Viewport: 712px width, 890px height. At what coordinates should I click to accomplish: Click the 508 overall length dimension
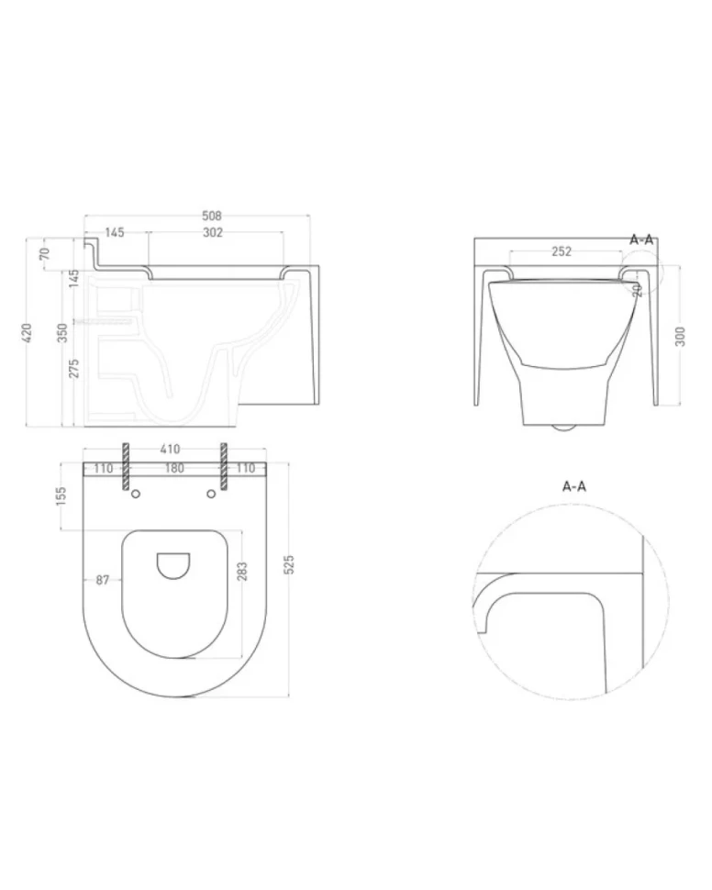pos(212,216)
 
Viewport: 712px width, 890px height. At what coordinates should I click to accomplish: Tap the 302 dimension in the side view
pos(213,233)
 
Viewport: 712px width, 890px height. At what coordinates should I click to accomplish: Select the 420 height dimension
pos(27,333)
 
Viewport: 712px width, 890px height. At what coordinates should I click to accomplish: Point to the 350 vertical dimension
pos(62,333)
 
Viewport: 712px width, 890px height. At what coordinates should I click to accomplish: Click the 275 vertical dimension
pos(73,368)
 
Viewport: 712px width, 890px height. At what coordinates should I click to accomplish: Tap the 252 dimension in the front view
pos(562,251)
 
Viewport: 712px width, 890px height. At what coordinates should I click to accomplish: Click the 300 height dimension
pos(682,337)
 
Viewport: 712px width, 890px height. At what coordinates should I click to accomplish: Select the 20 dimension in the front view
pos(637,290)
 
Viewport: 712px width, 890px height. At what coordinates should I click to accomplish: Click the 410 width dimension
pos(170,450)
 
